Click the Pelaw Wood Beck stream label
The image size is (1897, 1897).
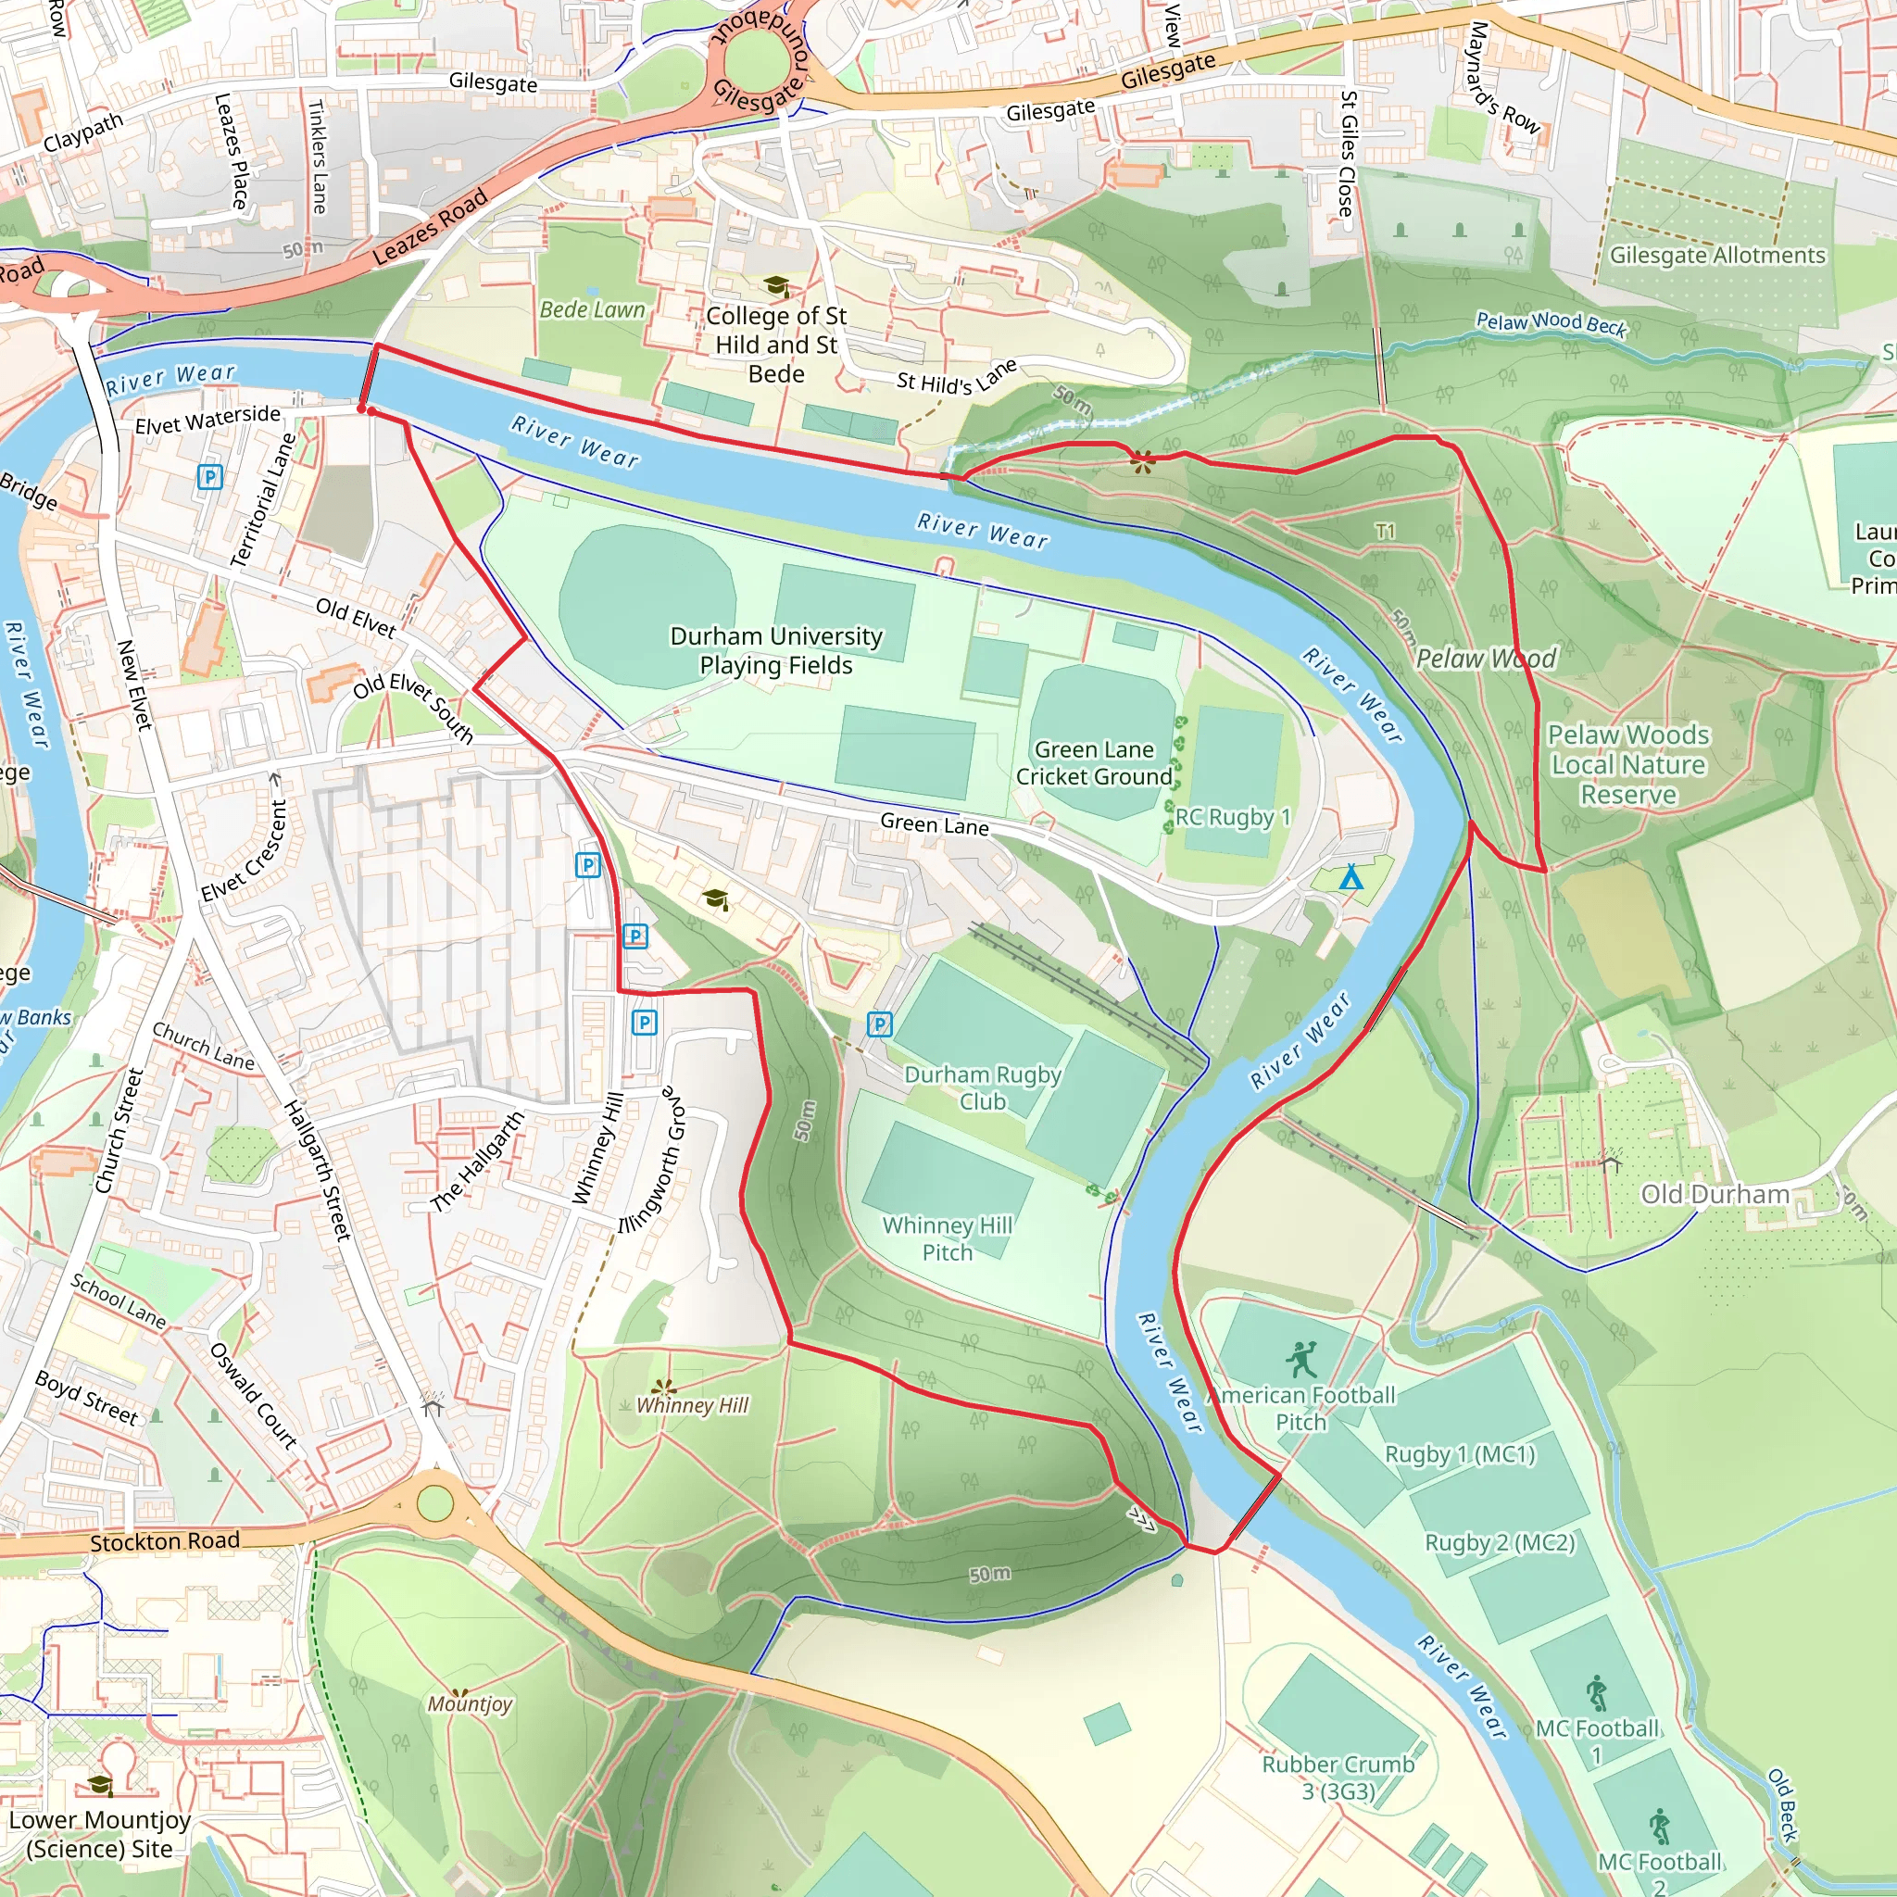click(1552, 322)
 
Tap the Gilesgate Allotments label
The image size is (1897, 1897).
click(1717, 256)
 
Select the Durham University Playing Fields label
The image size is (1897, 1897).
click(775, 650)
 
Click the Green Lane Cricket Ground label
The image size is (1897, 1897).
click(1094, 763)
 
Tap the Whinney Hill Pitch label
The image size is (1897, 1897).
click(947, 1238)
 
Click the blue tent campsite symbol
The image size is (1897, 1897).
click(1351, 877)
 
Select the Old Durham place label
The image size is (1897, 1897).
click(1715, 1194)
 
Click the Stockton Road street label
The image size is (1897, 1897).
click(165, 1541)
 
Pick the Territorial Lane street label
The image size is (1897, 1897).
click(262, 501)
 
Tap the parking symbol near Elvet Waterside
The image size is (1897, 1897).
click(209, 477)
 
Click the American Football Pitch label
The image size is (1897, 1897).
click(1302, 1408)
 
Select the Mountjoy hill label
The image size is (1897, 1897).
click(470, 1703)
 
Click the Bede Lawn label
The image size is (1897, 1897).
click(592, 309)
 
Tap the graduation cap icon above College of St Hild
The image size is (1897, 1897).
click(775, 285)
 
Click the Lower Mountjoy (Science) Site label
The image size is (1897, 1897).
click(99, 1834)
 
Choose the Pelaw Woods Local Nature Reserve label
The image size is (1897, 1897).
click(1628, 764)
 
